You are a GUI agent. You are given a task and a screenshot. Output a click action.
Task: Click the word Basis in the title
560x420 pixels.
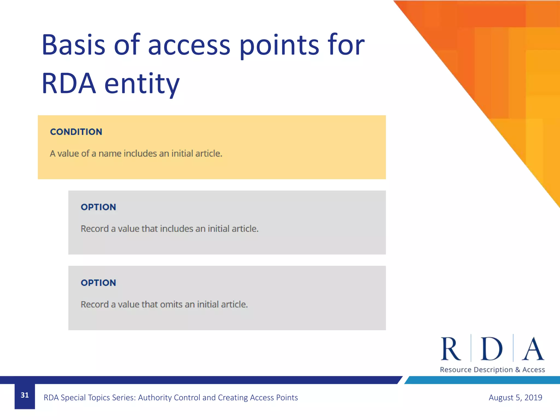coord(73,45)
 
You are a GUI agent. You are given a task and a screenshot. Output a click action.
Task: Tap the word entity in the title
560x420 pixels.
coord(142,84)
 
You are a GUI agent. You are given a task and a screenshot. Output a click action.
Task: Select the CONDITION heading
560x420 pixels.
coord(76,132)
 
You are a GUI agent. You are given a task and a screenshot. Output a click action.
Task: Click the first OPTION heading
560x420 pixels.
coord(98,207)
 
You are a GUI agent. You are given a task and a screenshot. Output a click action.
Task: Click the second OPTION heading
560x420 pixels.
coord(98,283)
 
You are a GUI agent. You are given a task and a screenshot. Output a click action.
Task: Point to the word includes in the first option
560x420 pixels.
coord(177,229)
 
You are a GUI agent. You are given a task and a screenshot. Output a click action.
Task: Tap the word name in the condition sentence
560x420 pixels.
coord(110,153)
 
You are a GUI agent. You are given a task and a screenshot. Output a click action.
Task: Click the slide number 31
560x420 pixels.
coord(25,395)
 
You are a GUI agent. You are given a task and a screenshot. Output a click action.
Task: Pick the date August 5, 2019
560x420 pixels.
coord(515,397)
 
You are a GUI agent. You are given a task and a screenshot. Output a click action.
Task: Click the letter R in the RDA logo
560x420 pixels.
coord(450,349)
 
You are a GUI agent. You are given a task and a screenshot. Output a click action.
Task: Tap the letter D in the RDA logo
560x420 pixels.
coord(491,349)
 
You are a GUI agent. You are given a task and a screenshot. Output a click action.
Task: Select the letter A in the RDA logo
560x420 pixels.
coord(533,349)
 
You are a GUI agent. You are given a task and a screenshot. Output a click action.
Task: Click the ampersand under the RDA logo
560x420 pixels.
coord(517,370)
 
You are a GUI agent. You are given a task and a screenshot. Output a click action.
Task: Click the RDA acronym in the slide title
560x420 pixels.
coord(69,84)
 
